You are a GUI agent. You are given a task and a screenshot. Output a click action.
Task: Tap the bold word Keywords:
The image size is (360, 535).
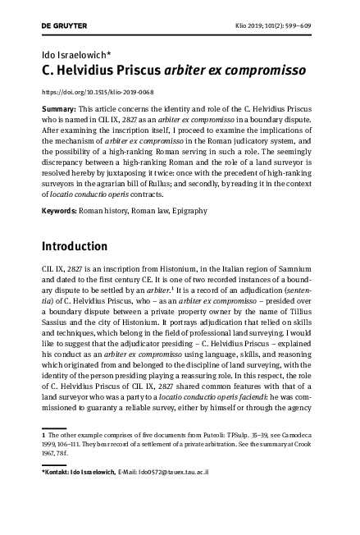(x=59, y=211)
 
